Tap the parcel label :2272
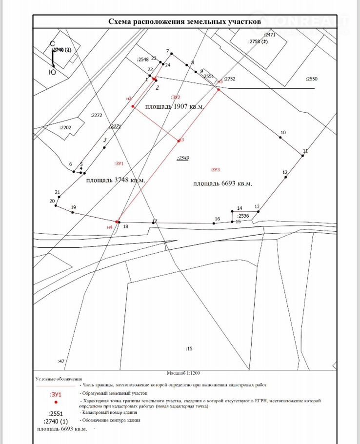pos(96,116)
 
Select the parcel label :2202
pos(65,127)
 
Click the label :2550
pos(311,79)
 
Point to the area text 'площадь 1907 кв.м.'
pos(174,106)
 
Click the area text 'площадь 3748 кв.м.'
pos(116,180)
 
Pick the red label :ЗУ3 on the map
pos(216,170)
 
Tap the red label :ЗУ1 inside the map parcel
pos(119,163)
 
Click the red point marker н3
pos(178,141)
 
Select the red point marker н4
pos(117,222)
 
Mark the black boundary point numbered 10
pos(280,137)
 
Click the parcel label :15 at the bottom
pos(189,348)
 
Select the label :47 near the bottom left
pos(61,361)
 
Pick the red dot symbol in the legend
pos(56,403)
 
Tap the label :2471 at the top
pos(269,35)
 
